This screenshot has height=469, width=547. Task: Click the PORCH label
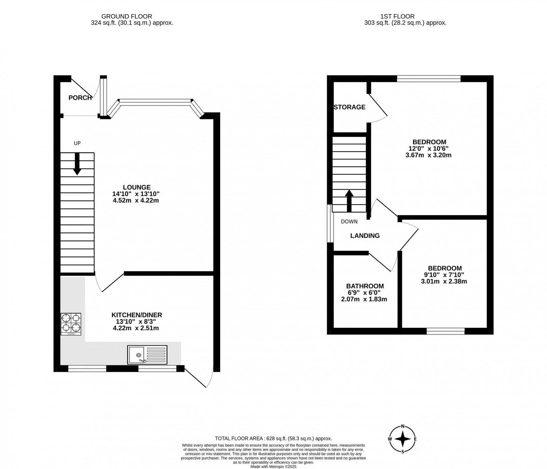coord(80,98)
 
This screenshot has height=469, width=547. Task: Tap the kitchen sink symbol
coord(148,355)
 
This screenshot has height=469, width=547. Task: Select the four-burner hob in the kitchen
coord(71,324)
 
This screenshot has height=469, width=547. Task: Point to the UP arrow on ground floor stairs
coord(77,164)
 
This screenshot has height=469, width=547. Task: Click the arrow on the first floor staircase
coord(349,201)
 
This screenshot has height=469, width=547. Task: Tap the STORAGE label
coord(349,107)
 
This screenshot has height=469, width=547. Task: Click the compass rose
coord(403,439)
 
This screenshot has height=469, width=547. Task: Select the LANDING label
coord(365,236)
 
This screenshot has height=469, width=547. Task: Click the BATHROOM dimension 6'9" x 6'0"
coord(364,293)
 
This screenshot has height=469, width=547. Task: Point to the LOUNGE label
coord(137,187)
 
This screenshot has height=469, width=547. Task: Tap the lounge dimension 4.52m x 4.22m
coord(136,201)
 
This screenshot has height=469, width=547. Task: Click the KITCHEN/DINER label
coord(137,315)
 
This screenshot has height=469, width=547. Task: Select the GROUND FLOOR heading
coord(126,16)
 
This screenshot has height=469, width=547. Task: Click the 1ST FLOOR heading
coord(397,16)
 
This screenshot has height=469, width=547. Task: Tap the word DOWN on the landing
coord(349,221)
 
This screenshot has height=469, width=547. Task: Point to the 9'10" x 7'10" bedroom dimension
coord(444,275)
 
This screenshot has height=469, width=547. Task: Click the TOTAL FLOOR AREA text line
coord(273,438)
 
